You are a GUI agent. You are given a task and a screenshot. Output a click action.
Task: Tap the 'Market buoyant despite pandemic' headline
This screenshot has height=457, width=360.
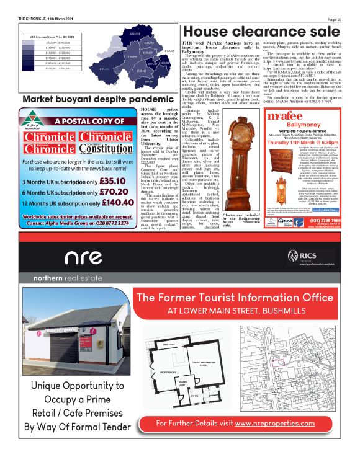pos(88,99)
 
